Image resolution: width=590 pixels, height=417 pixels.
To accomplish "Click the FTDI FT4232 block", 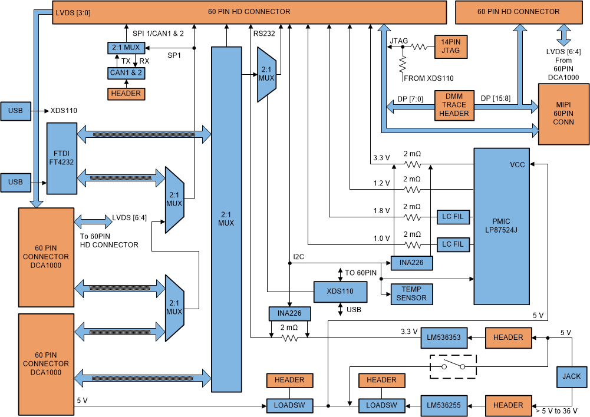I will click(61, 158).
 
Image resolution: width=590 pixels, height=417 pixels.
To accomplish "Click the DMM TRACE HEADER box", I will click(454, 105).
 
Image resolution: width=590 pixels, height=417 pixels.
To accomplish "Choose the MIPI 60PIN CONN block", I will click(563, 114).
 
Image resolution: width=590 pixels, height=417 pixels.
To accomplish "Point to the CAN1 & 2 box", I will click(126, 73).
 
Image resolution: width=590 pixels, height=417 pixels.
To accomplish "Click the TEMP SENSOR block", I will click(411, 294).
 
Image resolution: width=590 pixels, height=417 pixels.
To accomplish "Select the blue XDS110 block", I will click(340, 292).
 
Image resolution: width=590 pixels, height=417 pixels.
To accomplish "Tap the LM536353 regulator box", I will click(444, 337).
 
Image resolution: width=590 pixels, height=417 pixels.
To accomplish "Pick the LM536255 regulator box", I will click(444, 405).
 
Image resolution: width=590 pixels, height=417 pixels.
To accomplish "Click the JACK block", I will click(571, 376).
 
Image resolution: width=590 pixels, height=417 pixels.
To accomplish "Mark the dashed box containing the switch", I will click(453, 366).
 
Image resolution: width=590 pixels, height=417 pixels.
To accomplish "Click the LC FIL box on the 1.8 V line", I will click(453, 217).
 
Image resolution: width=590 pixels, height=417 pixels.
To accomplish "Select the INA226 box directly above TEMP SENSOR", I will click(411, 262).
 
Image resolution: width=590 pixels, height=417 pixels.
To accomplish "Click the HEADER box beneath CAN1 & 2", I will click(126, 93).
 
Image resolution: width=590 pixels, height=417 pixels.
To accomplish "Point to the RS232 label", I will click(264, 34).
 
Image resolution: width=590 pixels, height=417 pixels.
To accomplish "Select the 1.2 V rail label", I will click(381, 183).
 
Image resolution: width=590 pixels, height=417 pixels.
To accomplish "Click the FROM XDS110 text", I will click(429, 78).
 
